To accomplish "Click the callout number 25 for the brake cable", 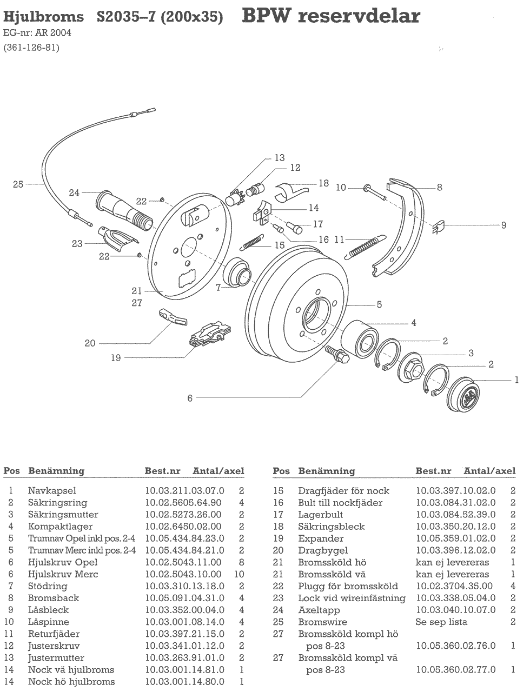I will (18, 184).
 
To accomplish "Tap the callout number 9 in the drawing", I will (504, 224).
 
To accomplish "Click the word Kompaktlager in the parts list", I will (60, 527).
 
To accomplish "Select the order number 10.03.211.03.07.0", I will (184, 491).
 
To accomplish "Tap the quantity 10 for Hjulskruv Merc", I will (239, 574).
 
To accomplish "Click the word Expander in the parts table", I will (321, 538).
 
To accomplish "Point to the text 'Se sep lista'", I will (441, 622).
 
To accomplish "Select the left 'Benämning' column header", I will (56, 471).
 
